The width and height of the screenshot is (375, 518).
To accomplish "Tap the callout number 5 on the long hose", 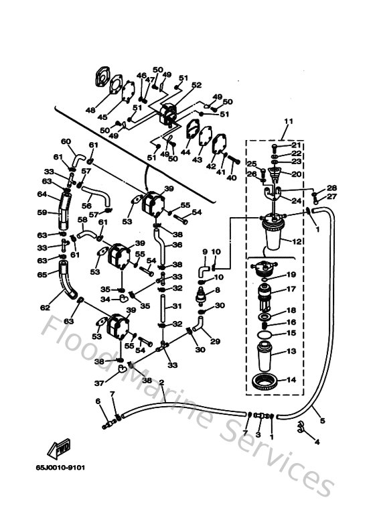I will (322, 421).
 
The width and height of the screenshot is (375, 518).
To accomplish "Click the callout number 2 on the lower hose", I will (161, 383).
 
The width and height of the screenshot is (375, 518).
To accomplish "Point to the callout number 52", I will (197, 85).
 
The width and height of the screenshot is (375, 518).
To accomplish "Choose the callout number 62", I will (45, 308).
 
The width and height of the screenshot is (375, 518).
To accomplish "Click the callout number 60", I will (66, 141).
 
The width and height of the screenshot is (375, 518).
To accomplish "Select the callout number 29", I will (216, 341).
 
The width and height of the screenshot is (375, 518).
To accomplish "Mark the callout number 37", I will (99, 383).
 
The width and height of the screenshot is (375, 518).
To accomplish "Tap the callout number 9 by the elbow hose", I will (206, 253).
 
